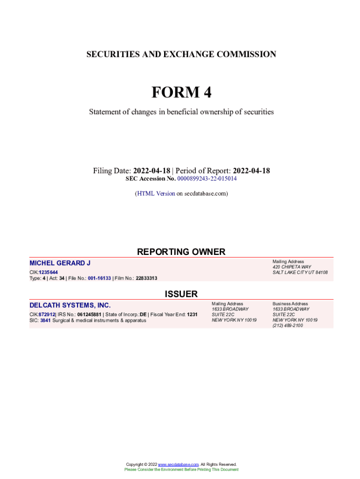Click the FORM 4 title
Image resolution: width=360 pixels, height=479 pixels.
[x=181, y=93]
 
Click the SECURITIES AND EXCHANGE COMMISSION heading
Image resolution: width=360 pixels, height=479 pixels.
[x=181, y=54]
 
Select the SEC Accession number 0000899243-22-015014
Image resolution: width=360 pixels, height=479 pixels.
[x=207, y=179]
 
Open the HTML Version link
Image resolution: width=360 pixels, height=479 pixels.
[x=156, y=193]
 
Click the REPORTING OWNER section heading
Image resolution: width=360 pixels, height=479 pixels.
[x=181, y=252]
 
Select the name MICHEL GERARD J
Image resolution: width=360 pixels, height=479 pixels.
[x=60, y=263]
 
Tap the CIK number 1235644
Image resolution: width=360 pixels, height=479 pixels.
[x=49, y=272]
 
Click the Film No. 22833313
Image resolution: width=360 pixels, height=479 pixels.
[x=146, y=278]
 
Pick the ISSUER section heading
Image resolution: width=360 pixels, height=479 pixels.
[x=181, y=294]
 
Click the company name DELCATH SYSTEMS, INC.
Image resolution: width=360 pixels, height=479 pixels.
[x=70, y=305]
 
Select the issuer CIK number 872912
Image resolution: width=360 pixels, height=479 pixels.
[x=47, y=314]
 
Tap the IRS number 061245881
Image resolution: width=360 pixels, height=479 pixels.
[x=88, y=314]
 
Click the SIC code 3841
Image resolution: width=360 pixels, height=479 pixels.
[x=45, y=320]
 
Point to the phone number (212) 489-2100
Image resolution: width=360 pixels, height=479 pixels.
[x=288, y=326]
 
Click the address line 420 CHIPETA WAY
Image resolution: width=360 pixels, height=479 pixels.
[x=292, y=267]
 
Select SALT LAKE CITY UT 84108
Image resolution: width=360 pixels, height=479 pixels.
[x=300, y=273]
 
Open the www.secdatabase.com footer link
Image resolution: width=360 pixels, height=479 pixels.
[x=179, y=464]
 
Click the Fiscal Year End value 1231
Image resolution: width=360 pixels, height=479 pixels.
[x=192, y=314]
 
